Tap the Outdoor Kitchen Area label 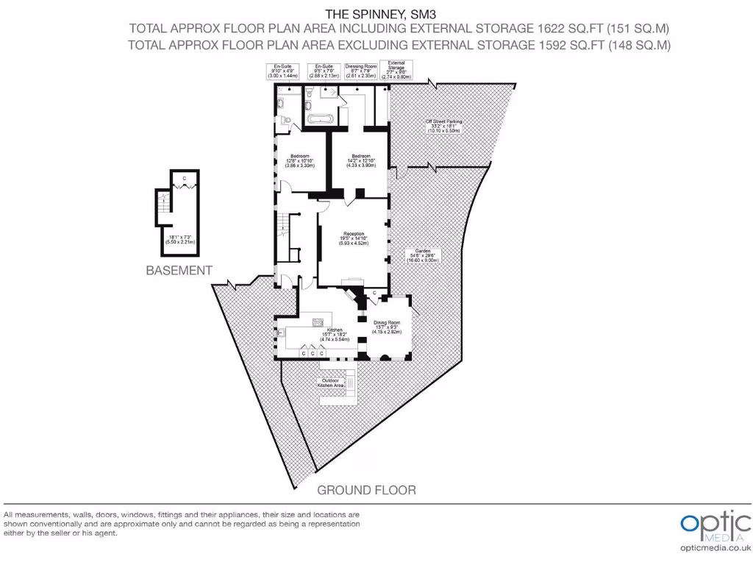point(330,383)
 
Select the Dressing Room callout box point(360,71)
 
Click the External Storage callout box point(396,70)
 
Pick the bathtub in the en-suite point(320,118)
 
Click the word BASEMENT point(179,271)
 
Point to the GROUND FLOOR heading point(366,490)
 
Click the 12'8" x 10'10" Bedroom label point(300,160)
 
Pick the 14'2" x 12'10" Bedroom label point(360,160)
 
